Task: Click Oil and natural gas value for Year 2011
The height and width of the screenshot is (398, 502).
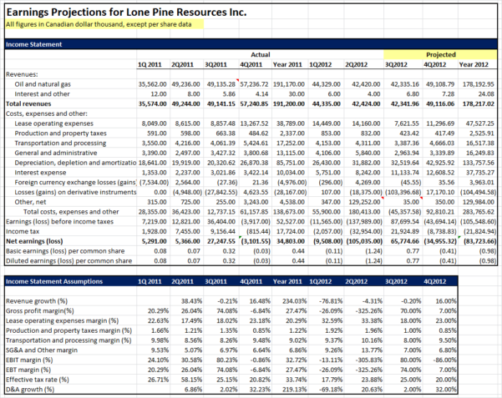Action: coord(287,84)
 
